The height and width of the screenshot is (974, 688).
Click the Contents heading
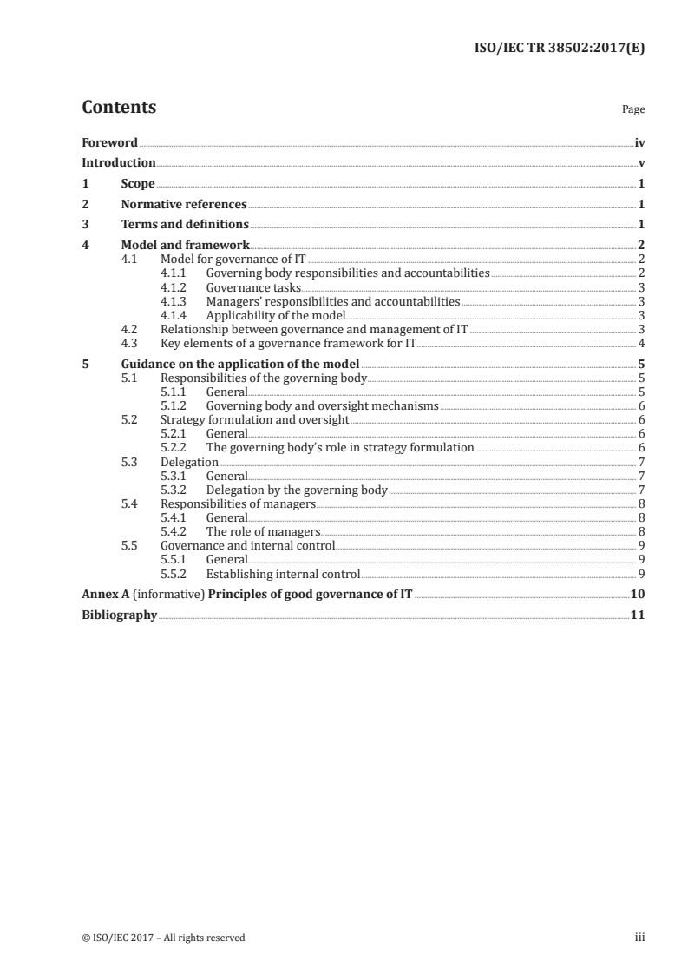pyautogui.click(x=119, y=109)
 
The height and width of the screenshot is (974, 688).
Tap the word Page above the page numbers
pyautogui.click(x=633, y=110)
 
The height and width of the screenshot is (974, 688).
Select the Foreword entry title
pyautogui.click(x=109, y=142)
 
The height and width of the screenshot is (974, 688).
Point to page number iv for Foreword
pyautogui.click(x=639, y=142)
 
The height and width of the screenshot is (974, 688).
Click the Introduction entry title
pyautogui.click(x=119, y=162)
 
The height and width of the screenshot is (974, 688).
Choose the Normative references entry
pyautogui.click(x=184, y=205)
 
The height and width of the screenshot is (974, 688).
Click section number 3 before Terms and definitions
pyautogui.click(x=85, y=225)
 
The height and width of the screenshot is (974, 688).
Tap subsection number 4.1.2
pyautogui.click(x=176, y=287)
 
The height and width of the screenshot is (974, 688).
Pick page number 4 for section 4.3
pyautogui.click(x=640, y=343)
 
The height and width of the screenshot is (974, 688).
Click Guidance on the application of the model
pyautogui.click(x=240, y=365)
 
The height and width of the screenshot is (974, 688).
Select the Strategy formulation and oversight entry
pyautogui.click(x=255, y=420)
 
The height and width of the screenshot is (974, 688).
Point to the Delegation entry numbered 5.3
pyautogui.click(x=190, y=462)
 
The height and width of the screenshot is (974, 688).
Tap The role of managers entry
pyautogui.click(x=263, y=531)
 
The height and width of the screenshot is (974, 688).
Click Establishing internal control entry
pyautogui.click(x=282, y=573)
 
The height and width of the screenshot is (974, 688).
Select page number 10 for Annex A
pyautogui.click(x=638, y=594)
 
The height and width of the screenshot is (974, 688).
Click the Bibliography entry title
pyautogui.click(x=119, y=615)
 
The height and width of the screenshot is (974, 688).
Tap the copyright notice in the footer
pyautogui.click(x=164, y=938)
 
